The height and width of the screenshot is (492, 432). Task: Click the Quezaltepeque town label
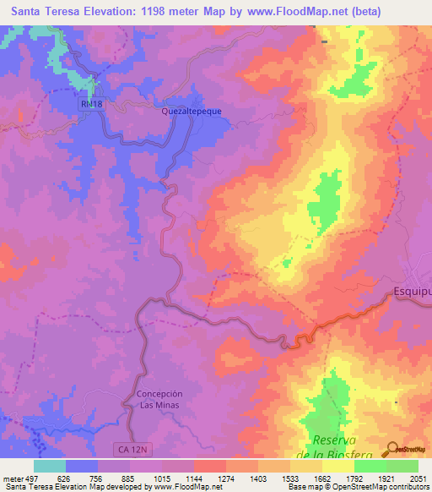click(186, 110)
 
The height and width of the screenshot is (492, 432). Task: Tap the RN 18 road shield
click(92, 101)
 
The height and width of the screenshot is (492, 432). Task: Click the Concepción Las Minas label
click(159, 399)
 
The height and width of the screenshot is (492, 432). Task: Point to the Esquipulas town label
click(413, 292)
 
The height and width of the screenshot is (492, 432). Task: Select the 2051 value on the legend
click(418, 478)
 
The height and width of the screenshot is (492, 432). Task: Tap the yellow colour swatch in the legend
click(338, 466)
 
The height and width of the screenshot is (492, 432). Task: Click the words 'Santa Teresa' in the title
click(40, 12)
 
